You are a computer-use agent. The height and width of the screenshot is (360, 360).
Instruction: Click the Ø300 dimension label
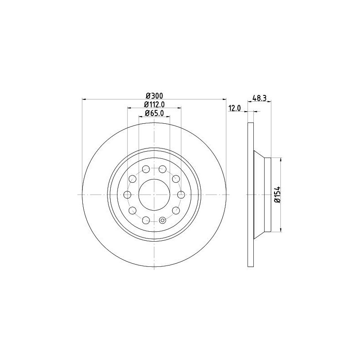pyautogui.click(x=154, y=95)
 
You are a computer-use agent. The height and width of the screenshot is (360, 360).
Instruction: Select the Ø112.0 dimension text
pyautogui.click(x=154, y=104)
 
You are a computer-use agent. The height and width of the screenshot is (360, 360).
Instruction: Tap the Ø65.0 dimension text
pyautogui.click(x=154, y=113)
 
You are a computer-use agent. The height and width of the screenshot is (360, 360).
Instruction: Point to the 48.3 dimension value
pyautogui.click(x=259, y=98)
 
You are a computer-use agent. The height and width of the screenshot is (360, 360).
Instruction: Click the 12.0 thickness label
pyautogui.click(x=234, y=108)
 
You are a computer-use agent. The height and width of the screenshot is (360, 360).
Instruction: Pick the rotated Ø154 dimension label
pyautogui.click(x=278, y=194)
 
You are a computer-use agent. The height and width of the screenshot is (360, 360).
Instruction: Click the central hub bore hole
pyautogui.click(x=154, y=195)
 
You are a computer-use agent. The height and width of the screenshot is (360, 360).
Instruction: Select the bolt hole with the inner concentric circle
pyautogui.click(x=162, y=220)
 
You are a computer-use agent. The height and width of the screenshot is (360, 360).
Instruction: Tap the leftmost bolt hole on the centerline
pyautogui.click(x=127, y=195)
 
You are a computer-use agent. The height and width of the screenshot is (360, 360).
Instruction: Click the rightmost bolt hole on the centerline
pyautogui.click(x=181, y=195)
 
